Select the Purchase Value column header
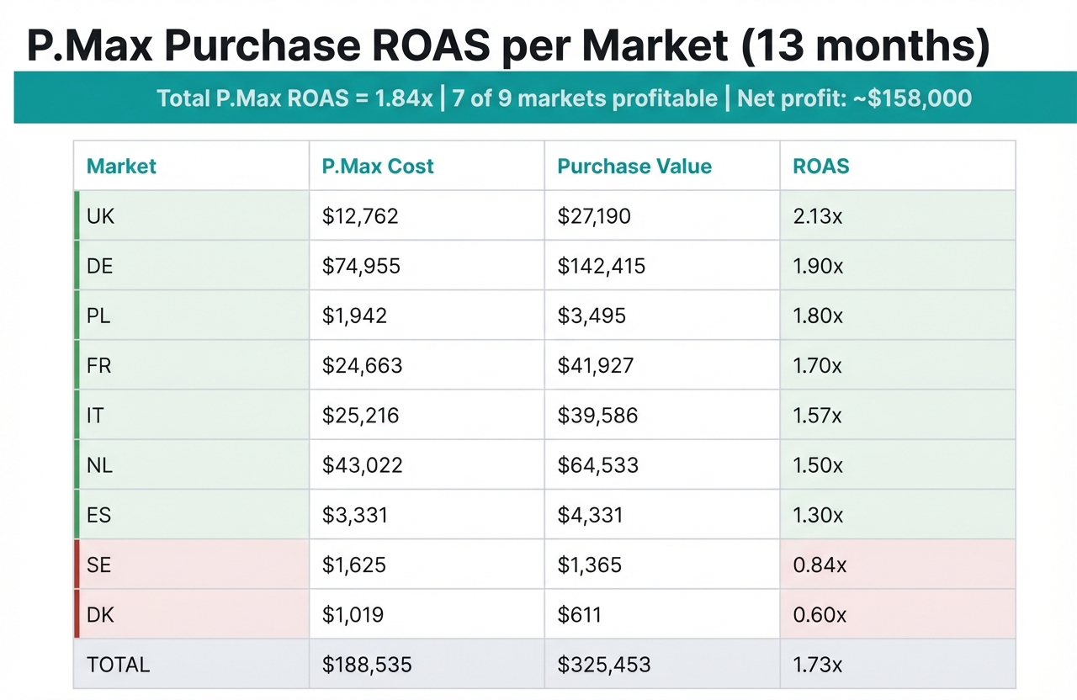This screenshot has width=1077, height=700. click(634, 166)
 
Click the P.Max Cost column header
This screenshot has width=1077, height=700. click(378, 166)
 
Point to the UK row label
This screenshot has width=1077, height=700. click(100, 216)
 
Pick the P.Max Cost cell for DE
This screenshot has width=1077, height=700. click(361, 267)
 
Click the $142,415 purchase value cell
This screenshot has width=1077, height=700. click(602, 267)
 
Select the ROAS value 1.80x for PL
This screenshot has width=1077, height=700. click(818, 316)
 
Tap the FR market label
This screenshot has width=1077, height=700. click(98, 366)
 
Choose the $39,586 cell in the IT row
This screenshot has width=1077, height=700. click(597, 416)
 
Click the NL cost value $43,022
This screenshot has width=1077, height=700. click(362, 465)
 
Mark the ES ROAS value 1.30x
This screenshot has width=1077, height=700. click(818, 515)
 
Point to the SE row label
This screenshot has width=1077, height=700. click(98, 565)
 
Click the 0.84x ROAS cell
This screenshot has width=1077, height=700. click(820, 565)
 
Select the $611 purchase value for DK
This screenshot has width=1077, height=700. click(579, 615)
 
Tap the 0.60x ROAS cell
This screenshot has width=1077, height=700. click(820, 615)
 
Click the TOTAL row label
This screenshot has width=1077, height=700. click(118, 665)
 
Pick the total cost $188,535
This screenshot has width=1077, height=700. click(367, 665)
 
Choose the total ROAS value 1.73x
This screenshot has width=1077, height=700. click(818, 665)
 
